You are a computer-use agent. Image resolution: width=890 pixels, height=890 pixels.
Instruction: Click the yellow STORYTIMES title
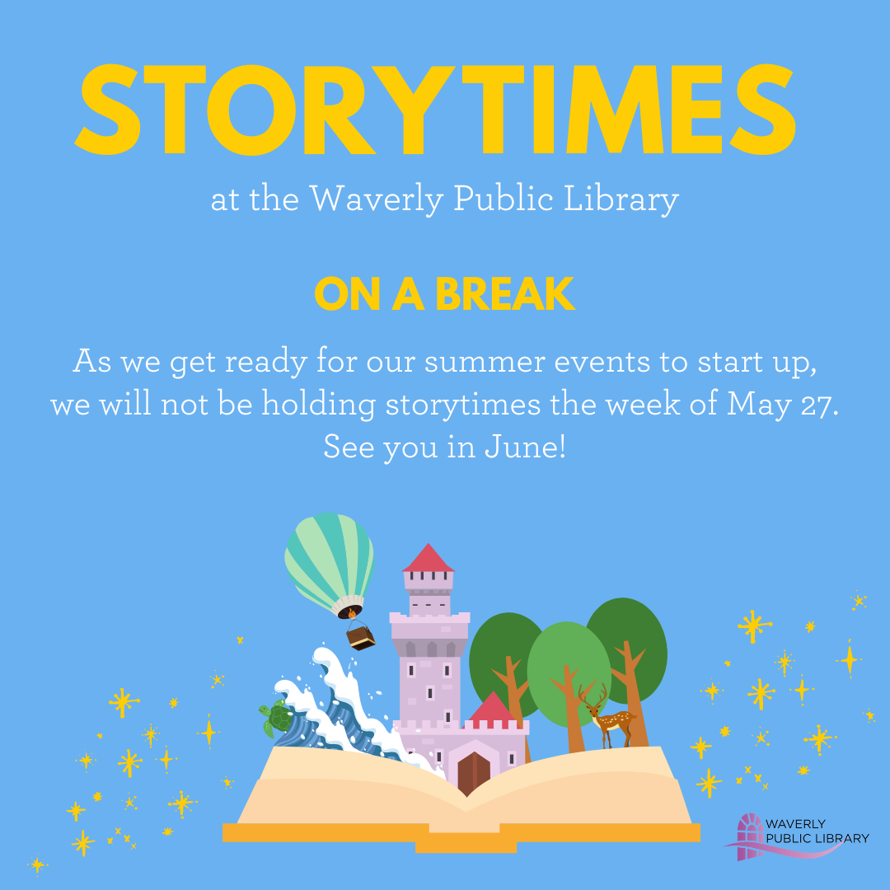coord(437,111)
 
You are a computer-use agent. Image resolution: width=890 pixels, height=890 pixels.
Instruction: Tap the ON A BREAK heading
coord(444,293)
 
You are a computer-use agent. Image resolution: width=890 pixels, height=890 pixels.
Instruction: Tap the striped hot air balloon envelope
coord(329,559)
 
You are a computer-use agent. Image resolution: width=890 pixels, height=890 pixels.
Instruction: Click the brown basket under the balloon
coord(361,638)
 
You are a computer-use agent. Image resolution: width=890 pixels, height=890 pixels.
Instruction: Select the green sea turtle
coord(277,719)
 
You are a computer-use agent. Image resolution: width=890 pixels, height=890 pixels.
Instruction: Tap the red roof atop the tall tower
coord(428,559)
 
